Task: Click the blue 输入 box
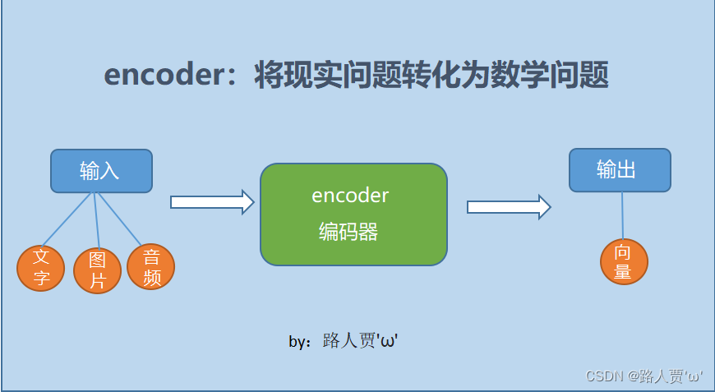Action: tap(101, 171)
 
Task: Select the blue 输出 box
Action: tap(620, 170)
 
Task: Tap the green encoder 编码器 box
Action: tap(353, 214)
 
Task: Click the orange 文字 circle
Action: tap(41, 268)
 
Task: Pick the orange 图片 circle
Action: tap(98, 271)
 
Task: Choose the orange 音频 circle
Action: tap(151, 267)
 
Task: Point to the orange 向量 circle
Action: tap(624, 261)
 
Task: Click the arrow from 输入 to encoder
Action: tap(212, 202)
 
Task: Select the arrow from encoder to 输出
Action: tap(508, 207)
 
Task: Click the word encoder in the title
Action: tap(157, 76)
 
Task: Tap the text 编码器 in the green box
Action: tap(348, 232)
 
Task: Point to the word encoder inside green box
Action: tap(350, 196)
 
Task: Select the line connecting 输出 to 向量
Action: tap(622, 215)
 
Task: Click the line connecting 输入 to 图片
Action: tap(97, 220)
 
